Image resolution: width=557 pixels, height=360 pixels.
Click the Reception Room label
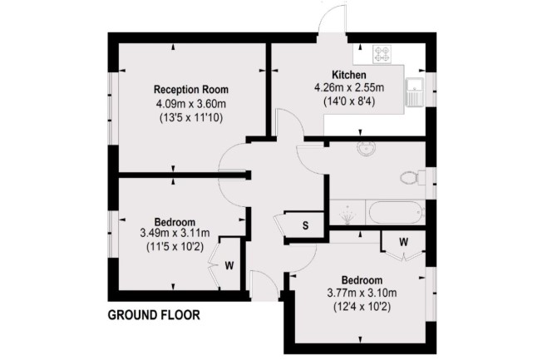click(x=190, y=90)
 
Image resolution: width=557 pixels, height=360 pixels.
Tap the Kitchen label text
click(x=349, y=75)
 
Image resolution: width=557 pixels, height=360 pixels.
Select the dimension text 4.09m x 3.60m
click(x=191, y=104)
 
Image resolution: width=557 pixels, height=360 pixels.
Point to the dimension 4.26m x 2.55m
click(x=349, y=87)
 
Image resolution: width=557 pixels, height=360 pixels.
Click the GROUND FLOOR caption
click(x=154, y=315)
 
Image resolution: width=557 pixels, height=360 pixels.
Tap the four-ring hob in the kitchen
click(x=382, y=54)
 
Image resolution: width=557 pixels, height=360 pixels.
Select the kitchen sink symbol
click(x=415, y=91)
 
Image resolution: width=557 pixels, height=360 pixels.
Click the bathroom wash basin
click(x=366, y=149)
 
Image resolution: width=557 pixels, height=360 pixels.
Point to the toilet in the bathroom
click(x=412, y=177)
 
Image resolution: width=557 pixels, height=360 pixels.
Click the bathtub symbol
click(x=397, y=213)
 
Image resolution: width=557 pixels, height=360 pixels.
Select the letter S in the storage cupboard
click(x=305, y=225)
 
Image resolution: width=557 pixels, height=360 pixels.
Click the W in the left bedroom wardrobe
click(x=229, y=265)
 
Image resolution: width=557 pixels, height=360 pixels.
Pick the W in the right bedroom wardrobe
click(x=403, y=242)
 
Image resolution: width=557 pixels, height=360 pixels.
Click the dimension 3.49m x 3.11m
click(x=175, y=233)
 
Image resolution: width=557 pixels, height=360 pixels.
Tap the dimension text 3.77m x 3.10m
click(x=362, y=293)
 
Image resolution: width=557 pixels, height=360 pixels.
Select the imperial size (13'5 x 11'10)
click(x=191, y=117)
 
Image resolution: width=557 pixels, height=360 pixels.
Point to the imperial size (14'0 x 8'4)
click(x=349, y=101)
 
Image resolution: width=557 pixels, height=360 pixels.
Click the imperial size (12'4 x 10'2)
click(x=362, y=307)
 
